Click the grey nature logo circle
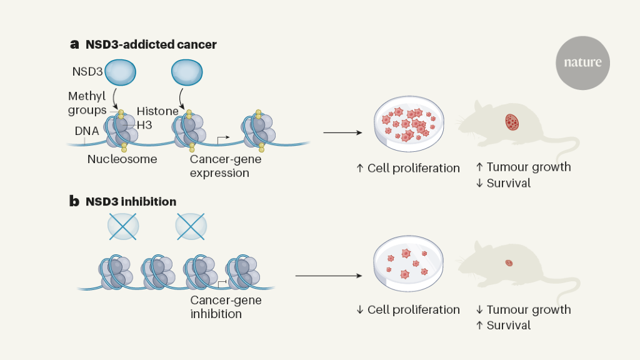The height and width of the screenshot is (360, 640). tap(582, 62)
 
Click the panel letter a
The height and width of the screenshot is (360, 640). tap(75, 44)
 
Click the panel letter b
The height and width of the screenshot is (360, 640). tap(74, 202)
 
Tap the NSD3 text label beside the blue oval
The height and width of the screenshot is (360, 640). tap(86, 72)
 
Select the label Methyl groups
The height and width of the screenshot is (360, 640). tap(87, 103)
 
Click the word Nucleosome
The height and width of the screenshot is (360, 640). tap(122, 159)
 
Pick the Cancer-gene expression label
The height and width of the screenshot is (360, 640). tap(226, 166)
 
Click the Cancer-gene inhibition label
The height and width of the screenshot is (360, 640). tap(226, 307)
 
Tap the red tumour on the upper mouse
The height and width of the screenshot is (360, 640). tap(512, 121)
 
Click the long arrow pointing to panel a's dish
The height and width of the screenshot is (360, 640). tap(342, 132)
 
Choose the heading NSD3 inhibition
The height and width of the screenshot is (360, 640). tap(131, 202)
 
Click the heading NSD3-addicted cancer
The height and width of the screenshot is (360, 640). tap(151, 44)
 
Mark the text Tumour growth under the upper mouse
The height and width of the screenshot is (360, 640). tap(528, 167)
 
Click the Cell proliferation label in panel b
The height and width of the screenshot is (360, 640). tap(413, 309)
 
